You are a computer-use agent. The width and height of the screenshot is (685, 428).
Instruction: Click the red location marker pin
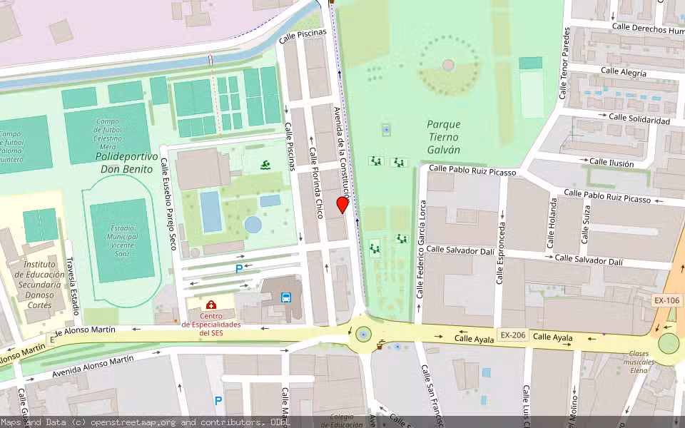(x=342, y=205)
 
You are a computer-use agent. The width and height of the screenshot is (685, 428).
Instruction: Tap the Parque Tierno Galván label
(x=443, y=136)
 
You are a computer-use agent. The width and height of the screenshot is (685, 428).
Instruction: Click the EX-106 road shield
(x=667, y=300)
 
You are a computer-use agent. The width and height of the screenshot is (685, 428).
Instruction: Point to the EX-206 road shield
(x=512, y=335)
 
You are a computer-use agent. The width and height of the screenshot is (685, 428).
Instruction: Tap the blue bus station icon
(x=286, y=297)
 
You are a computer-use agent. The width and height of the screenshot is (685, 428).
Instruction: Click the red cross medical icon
(x=211, y=305)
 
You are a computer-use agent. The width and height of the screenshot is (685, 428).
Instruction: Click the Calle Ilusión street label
(x=611, y=163)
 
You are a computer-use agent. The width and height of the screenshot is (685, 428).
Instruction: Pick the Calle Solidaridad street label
(x=639, y=118)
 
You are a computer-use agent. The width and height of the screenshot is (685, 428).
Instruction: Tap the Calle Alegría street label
(x=623, y=72)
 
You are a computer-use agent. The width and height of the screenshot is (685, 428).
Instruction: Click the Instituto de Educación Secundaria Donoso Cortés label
(x=34, y=284)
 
